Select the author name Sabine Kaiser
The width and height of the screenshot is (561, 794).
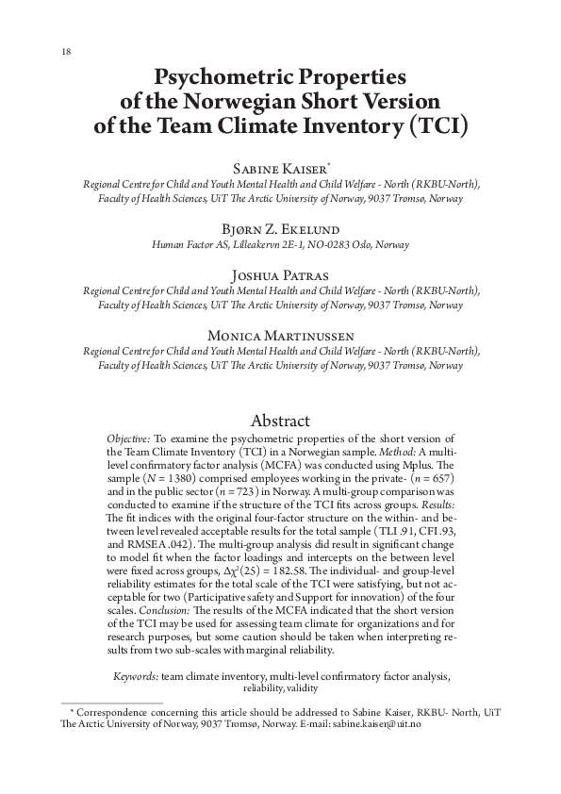click(278, 167)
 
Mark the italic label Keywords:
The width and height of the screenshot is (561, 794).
click(136, 676)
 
